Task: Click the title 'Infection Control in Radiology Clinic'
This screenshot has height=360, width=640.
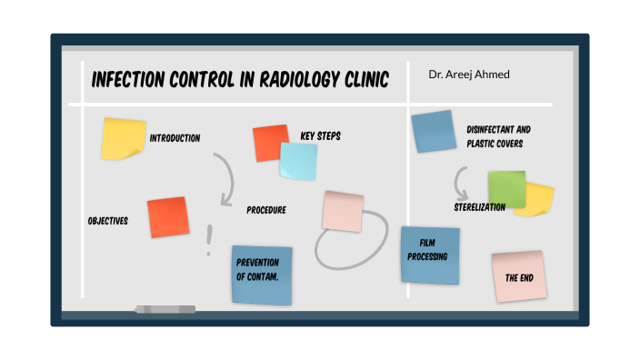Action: (240, 81)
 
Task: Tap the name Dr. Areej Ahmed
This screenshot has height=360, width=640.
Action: (469, 74)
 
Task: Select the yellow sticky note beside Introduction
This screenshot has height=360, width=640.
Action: (123, 138)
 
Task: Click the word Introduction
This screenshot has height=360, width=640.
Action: (175, 138)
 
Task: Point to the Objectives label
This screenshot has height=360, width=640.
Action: (107, 221)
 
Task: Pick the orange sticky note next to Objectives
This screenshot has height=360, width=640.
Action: (167, 217)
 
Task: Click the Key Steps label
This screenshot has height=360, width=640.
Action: (320, 136)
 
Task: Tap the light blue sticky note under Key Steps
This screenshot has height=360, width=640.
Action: (298, 161)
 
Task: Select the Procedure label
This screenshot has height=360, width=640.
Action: (266, 210)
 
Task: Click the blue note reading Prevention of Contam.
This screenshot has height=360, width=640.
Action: (262, 275)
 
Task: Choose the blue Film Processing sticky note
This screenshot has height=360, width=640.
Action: (430, 255)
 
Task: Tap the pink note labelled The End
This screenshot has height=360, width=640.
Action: (519, 276)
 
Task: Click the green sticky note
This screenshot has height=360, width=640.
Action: (506, 188)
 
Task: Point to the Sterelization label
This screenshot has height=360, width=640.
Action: (479, 207)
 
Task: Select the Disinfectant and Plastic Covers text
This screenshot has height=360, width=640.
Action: (498, 136)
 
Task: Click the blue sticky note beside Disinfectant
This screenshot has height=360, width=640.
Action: (434, 131)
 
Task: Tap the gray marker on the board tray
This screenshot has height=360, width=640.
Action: (165, 310)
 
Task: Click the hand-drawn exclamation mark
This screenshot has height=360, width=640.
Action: (209, 239)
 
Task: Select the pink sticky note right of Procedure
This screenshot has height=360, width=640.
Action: (343, 210)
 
